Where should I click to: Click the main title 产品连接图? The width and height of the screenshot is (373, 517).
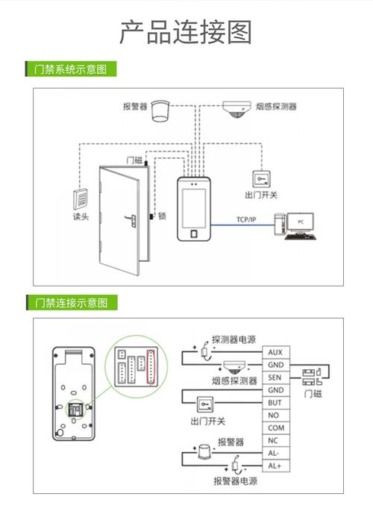pos(186,33)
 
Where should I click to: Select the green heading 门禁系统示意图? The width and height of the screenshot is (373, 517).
pos(72,69)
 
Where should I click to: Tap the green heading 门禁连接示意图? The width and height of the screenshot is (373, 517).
pos(72,302)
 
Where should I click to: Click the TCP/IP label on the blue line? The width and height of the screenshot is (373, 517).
pos(246,219)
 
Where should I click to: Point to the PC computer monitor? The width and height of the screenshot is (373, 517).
pos(300,222)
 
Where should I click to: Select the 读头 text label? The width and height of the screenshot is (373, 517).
pos(81,217)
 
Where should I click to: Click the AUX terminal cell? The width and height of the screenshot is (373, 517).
pos(275,351)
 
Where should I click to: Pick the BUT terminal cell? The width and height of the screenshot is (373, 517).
pos(275,403)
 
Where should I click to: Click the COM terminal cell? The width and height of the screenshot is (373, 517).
pos(275,428)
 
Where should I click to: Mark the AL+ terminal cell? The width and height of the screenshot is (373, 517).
pos(275,466)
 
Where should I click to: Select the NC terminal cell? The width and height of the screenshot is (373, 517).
pos(275,441)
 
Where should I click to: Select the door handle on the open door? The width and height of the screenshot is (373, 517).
pos(128,221)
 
